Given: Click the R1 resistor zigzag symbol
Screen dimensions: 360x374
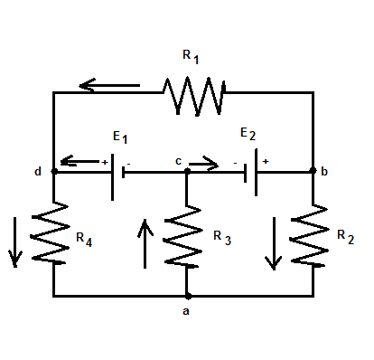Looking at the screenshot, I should pyautogui.click(x=193, y=92).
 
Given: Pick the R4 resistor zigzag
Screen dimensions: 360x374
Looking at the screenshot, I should pyautogui.click(x=53, y=233).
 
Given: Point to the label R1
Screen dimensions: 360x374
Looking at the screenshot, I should pyautogui.click(x=192, y=56).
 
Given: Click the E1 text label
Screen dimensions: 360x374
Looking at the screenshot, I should pyautogui.click(x=120, y=137).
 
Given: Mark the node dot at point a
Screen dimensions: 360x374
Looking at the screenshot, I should pyautogui.click(x=187, y=296).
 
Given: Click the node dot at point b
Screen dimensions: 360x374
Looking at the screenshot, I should pyautogui.click(x=313, y=170).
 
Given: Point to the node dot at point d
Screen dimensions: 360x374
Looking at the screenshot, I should pyautogui.click(x=54, y=170).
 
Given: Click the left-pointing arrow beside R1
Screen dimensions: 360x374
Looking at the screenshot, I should pyautogui.click(x=108, y=87).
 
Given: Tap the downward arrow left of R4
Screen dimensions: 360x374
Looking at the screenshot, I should pyautogui.click(x=14, y=242).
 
